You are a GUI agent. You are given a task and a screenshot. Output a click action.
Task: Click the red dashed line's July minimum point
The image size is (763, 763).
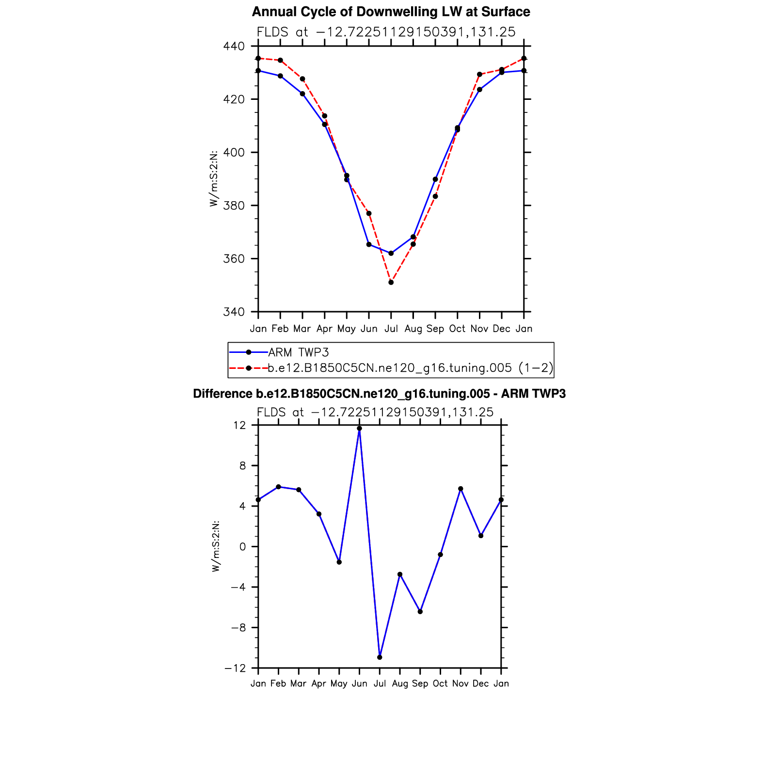click(x=391, y=282)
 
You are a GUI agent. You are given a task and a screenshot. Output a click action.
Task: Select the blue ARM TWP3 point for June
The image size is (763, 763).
click(x=369, y=244)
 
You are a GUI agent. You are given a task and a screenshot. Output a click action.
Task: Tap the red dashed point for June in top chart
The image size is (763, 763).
click(x=369, y=213)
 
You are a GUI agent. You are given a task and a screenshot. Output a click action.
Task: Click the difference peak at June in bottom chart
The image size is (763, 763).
click(x=359, y=429)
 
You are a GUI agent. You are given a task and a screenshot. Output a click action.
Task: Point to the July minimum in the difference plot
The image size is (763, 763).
click(x=380, y=657)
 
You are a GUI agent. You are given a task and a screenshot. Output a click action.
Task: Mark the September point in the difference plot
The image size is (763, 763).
click(x=420, y=612)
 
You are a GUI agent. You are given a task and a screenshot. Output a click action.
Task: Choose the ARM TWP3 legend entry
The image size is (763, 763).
click(x=299, y=352)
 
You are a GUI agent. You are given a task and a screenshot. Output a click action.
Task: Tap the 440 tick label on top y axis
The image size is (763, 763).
click(x=234, y=47)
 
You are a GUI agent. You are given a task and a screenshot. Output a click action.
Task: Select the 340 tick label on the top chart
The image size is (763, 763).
click(x=234, y=312)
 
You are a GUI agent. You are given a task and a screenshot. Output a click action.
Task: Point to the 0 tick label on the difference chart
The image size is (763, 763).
click(x=242, y=547)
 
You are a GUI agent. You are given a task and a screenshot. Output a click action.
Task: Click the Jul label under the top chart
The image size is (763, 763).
click(x=391, y=329)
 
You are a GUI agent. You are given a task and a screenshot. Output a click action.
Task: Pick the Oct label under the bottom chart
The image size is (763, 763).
click(x=440, y=684)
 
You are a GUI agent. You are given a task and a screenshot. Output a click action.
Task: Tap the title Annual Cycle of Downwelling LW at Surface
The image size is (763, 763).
click(x=391, y=12)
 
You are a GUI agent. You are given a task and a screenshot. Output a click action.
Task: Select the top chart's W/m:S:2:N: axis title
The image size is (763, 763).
click(x=214, y=179)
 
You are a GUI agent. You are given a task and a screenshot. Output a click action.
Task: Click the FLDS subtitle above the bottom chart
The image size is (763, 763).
click(x=375, y=413)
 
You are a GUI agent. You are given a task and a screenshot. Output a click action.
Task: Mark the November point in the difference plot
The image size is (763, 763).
click(x=461, y=489)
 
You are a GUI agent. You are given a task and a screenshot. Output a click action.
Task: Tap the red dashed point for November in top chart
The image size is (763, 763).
click(x=479, y=75)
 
